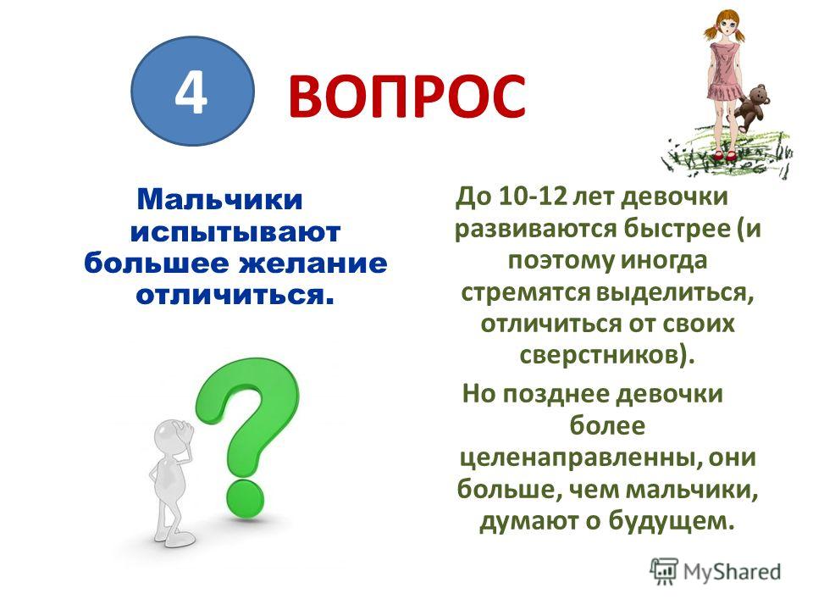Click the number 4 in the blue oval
point(191,93)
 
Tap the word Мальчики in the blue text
point(220,199)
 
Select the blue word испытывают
point(235,232)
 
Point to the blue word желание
point(312,263)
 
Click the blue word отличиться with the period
point(233,295)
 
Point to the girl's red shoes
point(723,154)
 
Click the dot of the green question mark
point(245,498)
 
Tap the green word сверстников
point(599,356)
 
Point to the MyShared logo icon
point(664,571)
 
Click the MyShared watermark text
point(732,571)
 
